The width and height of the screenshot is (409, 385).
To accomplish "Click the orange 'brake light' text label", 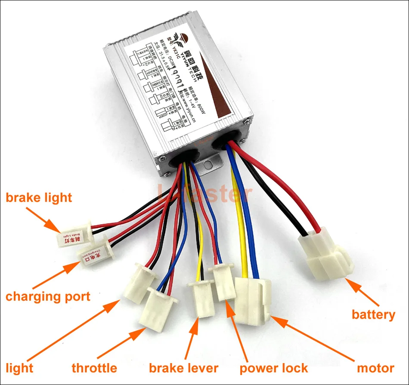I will tap(39, 198).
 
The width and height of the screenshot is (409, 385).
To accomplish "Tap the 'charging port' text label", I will tap(48, 296).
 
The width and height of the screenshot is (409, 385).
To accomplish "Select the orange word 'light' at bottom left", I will tap(19, 368).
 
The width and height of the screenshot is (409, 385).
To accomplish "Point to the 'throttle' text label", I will tap(94, 368).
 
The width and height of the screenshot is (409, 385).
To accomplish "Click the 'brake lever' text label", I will tap(183, 368).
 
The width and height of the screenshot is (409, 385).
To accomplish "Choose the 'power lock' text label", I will tap(274, 368).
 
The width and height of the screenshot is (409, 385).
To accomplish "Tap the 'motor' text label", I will tap(375, 368).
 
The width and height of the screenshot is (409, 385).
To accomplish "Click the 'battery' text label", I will tap(373, 314).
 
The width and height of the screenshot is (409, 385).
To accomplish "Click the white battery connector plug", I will tap(326, 256).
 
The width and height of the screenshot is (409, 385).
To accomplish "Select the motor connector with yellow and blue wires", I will tap(253, 299).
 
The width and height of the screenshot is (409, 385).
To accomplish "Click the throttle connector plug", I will tap(159, 308).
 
